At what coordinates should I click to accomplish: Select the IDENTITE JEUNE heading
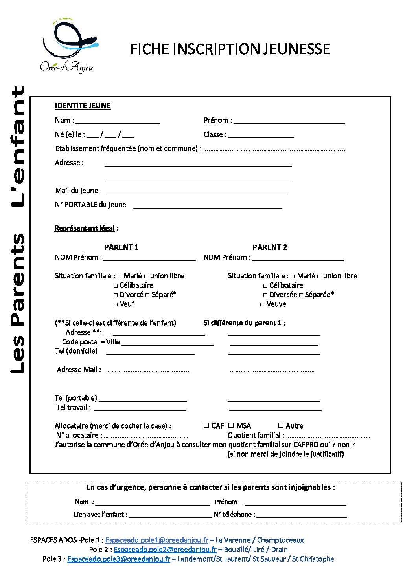click(x=83, y=106)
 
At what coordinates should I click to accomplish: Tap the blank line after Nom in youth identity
click(x=118, y=121)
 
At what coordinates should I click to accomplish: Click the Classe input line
click(x=261, y=135)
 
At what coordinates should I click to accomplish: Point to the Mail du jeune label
click(x=77, y=191)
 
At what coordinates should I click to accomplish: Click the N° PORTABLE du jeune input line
click(x=208, y=205)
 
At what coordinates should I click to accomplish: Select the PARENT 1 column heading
click(x=121, y=247)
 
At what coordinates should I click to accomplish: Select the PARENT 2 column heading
click(x=270, y=247)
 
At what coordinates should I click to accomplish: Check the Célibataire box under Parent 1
click(x=116, y=286)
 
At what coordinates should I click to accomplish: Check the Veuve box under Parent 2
click(x=262, y=304)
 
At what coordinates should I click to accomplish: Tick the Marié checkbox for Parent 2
click(x=293, y=276)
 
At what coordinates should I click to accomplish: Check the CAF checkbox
click(x=206, y=425)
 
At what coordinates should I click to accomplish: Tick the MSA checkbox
click(x=231, y=425)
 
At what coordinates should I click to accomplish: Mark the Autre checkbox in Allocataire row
click(x=281, y=425)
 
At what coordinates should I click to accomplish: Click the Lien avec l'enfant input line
click(x=170, y=515)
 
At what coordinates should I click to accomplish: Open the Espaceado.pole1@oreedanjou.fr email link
click(x=156, y=540)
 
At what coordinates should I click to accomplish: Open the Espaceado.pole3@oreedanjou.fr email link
click(x=118, y=559)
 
